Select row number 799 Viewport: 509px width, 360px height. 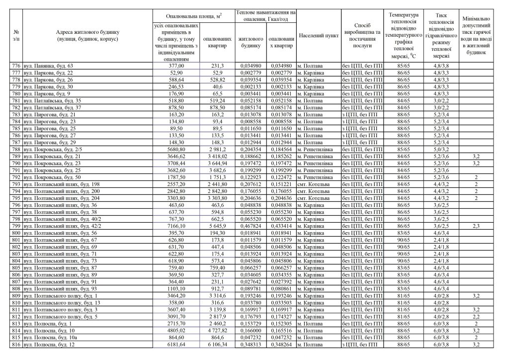point(16,226)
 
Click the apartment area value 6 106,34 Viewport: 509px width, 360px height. point(216,344)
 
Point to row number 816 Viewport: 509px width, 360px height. point(16,344)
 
